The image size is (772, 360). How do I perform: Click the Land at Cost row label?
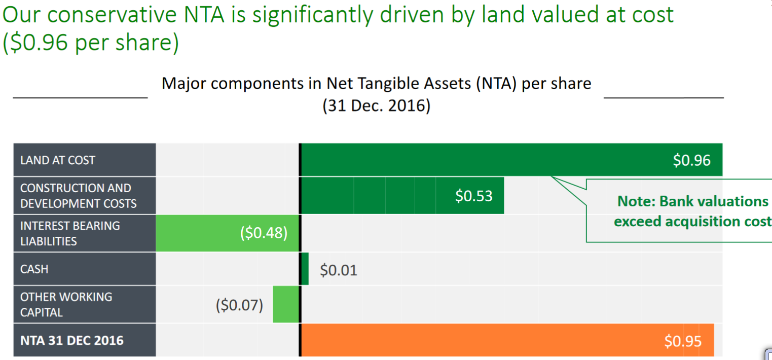pos(58,160)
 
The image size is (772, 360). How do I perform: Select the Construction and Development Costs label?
pos(79,196)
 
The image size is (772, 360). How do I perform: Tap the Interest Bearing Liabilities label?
pos(70,233)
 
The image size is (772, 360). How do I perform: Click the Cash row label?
pos(34,269)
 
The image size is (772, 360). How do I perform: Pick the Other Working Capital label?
pos(66,304)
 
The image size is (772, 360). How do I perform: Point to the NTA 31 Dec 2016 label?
pos(71,340)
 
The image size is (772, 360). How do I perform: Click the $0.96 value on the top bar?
pos(691,160)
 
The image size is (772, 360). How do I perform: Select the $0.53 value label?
pos(473,196)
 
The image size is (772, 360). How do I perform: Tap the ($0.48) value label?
pos(263,233)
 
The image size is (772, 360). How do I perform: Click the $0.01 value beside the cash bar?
pos(338,270)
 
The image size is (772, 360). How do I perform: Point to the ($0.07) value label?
pos(239,305)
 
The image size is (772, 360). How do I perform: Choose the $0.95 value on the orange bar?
pos(683,341)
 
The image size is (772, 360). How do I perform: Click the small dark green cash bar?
pos(305,269)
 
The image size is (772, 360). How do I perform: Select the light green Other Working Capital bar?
pos(286,304)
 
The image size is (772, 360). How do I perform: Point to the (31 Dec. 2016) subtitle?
pos(376,106)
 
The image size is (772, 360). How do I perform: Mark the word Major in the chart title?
pos(184,83)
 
